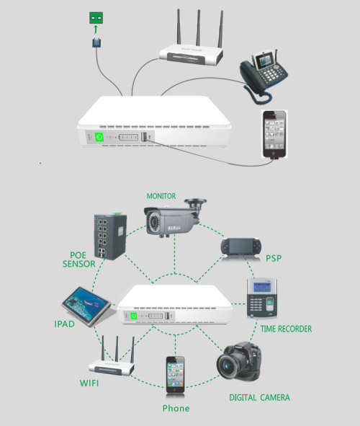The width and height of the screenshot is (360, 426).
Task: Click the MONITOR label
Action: [161, 195]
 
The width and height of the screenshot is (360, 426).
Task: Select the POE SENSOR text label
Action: [78, 259]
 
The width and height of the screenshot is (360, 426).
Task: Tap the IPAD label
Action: [64, 324]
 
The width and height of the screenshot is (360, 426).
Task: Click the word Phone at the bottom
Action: [176, 409]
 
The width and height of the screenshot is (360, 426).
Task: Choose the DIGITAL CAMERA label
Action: [260, 397]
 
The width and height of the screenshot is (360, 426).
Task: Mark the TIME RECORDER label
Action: [286, 329]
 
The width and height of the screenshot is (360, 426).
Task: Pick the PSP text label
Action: [274, 258]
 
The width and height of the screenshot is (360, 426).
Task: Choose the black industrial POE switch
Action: [109, 236]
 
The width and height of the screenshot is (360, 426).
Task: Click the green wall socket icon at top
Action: [95, 18]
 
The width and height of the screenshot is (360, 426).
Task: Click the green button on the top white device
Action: [99, 136]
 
